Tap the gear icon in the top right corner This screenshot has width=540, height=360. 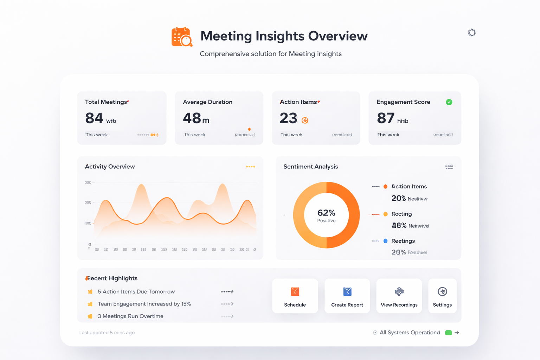coord(472,33)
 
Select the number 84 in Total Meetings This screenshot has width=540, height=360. coord(94,118)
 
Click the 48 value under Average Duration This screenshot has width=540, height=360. coord(192,118)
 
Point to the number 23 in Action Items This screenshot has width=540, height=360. coord(289,118)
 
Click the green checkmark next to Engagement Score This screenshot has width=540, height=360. coord(449,102)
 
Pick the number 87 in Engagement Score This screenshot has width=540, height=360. coord(385,118)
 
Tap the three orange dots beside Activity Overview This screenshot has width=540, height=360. coord(250,167)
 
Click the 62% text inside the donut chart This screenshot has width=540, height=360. coord(326,213)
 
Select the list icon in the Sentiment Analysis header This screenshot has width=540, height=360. coord(449,167)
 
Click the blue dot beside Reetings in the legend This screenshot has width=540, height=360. coord(385,241)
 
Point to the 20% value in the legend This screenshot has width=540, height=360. coord(399,198)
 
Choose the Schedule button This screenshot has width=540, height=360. coord(295,296)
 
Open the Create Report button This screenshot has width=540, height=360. coord(347,296)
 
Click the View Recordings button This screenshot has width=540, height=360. coord(399,296)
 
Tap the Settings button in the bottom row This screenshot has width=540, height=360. coord(442,296)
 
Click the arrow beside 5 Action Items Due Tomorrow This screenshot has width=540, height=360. coord(227,291)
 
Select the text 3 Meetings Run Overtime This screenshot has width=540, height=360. coord(130,316)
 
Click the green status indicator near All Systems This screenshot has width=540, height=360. coord(448,333)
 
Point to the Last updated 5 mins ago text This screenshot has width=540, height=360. coord(107,333)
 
